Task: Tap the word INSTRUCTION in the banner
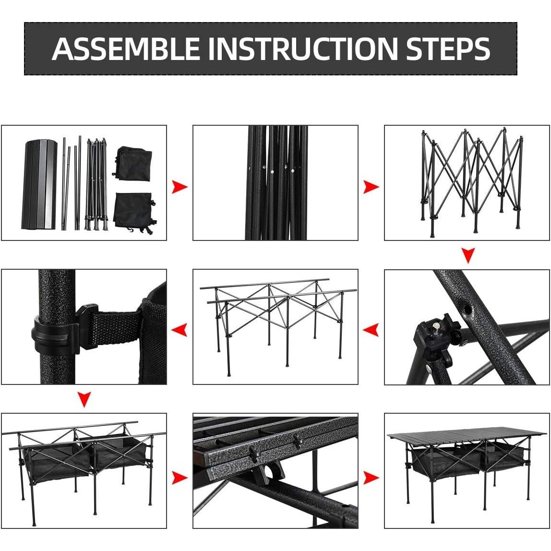304,48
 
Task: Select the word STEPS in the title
448,48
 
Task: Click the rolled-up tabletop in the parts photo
39,184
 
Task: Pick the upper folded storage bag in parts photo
134,164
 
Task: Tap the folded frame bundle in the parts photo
96,184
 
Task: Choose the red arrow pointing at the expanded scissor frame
371,187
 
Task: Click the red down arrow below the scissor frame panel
467,255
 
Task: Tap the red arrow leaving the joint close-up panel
371,330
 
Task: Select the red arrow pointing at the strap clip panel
179,330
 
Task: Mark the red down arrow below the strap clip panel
84,399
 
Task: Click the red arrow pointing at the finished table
371,478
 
